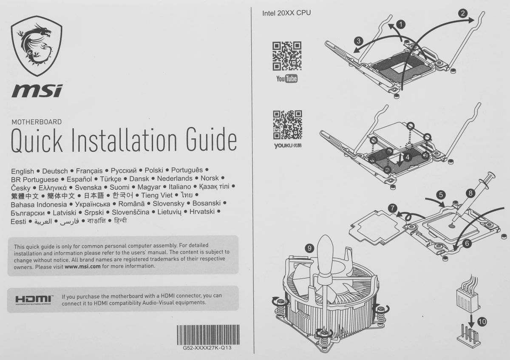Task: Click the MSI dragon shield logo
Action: pyautogui.click(x=37, y=46)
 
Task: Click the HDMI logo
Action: pyautogui.click(x=34, y=300)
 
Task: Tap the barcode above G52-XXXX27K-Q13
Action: pyautogui.click(x=208, y=335)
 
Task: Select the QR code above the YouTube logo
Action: pyautogui.click(x=287, y=56)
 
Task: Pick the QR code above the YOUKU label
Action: pyautogui.click(x=288, y=125)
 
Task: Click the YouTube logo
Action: pyautogui.click(x=287, y=79)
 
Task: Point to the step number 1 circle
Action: pyautogui.click(x=401, y=24)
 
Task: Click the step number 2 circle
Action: pyautogui.click(x=463, y=13)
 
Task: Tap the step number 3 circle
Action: pyautogui.click(x=359, y=41)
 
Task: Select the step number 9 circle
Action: pyautogui.click(x=309, y=248)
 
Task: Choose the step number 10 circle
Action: pyautogui.click(x=482, y=322)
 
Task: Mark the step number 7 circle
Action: pyautogui.click(x=393, y=208)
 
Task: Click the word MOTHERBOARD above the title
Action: pyautogui.click(x=37, y=122)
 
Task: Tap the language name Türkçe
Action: pyautogui.click(x=110, y=179)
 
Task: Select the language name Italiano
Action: pyautogui.click(x=180, y=187)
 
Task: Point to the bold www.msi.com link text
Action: pyautogui.click(x=82, y=266)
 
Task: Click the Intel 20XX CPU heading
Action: pyautogui.click(x=286, y=13)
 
